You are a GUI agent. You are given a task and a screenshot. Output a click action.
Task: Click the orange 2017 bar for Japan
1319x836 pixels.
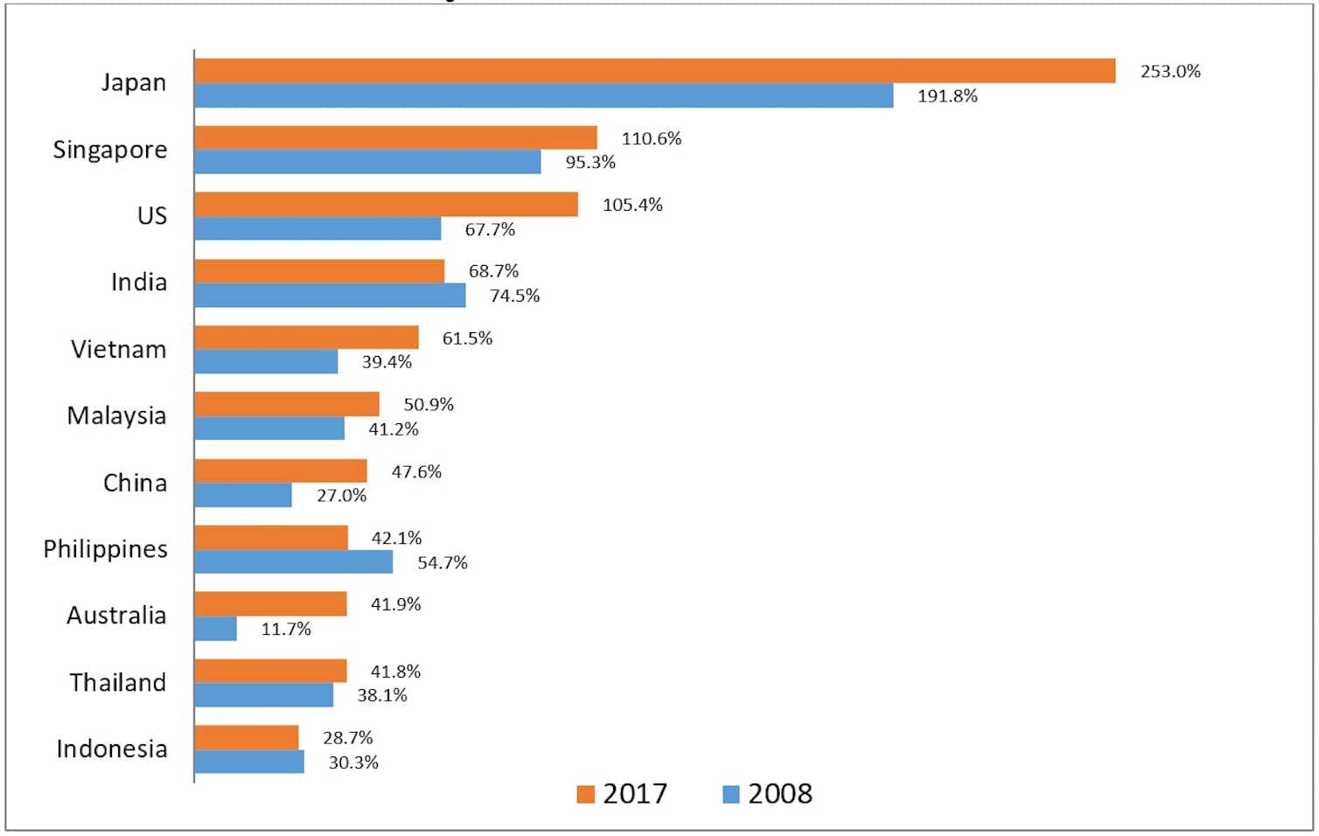(x=654, y=71)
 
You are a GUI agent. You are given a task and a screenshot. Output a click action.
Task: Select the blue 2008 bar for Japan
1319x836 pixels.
(x=543, y=95)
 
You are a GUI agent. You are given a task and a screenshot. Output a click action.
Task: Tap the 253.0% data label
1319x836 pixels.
(x=1169, y=72)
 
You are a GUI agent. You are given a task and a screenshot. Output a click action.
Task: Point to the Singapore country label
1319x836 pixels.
(x=110, y=150)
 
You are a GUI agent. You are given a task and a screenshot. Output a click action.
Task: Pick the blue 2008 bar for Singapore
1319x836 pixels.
(x=367, y=162)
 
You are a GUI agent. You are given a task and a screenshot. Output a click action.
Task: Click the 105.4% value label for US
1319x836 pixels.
(x=632, y=205)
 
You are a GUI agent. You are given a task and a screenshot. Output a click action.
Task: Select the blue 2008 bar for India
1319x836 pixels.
(x=330, y=296)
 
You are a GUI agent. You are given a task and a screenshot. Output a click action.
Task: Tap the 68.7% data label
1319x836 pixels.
(x=493, y=271)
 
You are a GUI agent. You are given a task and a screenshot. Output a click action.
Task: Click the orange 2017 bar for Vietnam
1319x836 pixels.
(x=306, y=338)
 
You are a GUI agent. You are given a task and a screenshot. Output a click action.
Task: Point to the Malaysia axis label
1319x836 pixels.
(x=116, y=415)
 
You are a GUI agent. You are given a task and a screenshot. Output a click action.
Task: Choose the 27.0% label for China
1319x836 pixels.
(x=341, y=496)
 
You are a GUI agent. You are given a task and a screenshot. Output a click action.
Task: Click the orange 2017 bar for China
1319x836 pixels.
(x=280, y=471)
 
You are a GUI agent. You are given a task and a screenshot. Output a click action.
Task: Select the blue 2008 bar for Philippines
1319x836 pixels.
(x=293, y=562)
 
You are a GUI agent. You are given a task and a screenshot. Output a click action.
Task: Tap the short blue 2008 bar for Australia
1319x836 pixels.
(x=215, y=629)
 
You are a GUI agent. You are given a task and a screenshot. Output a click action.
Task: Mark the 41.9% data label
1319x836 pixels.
(x=395, y=604)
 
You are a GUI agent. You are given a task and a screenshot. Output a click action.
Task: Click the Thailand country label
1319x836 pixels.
(x=118, y=682)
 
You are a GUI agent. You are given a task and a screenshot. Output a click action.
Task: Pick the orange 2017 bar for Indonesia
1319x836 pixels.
(x=246, y=738)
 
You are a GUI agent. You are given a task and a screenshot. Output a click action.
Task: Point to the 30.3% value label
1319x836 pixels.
(x=353, y=763)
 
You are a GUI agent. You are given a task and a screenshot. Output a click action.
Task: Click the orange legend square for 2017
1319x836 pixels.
(x=585, y=794)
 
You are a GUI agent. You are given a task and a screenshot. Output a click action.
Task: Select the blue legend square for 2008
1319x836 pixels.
(x=730, y=794)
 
